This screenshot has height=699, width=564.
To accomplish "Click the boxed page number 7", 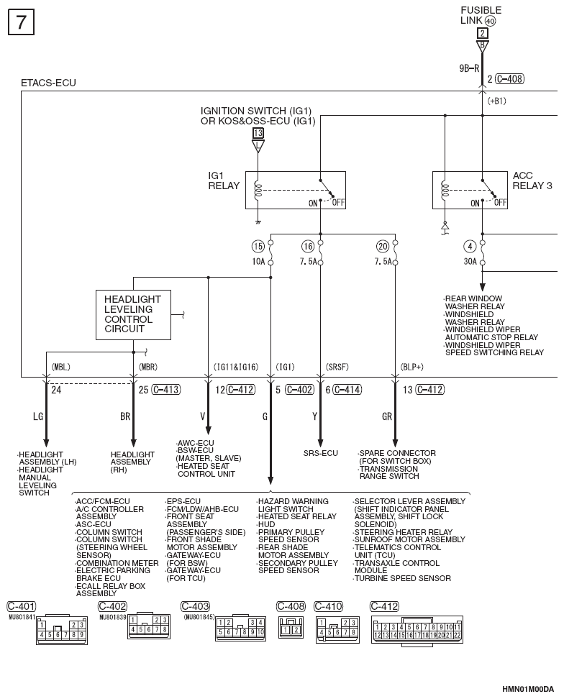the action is (x=21, y=22).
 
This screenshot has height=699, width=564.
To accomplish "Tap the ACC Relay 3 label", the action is (x=532, y=181).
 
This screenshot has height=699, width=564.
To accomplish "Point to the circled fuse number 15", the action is (x=258, y=246).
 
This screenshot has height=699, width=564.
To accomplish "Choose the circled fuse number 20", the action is (x=383, y=246).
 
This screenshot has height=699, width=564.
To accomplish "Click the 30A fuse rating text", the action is (x=470, y=261).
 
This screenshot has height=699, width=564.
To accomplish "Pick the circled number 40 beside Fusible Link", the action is (x=490, y=21).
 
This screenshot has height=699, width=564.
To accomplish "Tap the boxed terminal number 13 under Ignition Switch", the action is (x=258, y=132).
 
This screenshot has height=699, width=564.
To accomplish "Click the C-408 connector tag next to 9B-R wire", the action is (x=509, y=79).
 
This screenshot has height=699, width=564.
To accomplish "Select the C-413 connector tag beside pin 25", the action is (x=166, y=390).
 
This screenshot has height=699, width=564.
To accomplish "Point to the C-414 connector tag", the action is (x=347, y=390).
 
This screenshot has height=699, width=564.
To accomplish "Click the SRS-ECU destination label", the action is (x=321, y=453).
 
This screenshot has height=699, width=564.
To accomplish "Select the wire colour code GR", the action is (x=386, y=416).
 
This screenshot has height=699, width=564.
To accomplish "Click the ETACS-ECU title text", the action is (x=49, y=83).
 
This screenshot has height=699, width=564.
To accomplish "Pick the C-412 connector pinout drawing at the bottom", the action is (x=417, y=630).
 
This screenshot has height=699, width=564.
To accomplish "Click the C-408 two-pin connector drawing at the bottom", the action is (x=291, y=627).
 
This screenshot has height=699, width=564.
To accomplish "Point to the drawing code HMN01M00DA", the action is (x=528, y=689).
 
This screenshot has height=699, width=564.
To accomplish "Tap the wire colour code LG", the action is (x=38, y=416).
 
